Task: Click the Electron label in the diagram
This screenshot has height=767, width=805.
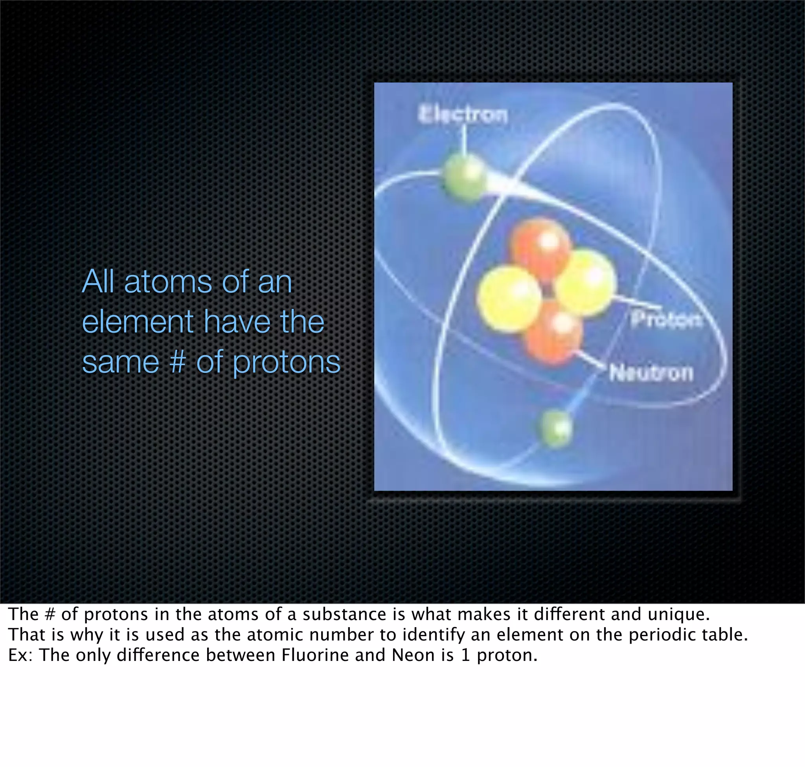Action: pos(463,114)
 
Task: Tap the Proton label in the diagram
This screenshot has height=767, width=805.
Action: pos(666,319)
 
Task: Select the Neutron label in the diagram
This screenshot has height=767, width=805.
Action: pos(651,372)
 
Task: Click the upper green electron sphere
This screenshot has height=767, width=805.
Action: pos(464,178)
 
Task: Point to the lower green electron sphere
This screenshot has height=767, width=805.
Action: pos(556,429)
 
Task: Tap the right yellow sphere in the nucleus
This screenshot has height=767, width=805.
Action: pos(586,282)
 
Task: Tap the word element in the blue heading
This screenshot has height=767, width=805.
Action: pos(138,322)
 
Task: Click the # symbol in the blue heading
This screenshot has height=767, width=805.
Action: pos(177,362)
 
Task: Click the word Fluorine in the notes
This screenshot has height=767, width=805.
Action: pos(316,655)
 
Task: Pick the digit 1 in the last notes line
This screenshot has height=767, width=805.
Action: pos(465,655)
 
